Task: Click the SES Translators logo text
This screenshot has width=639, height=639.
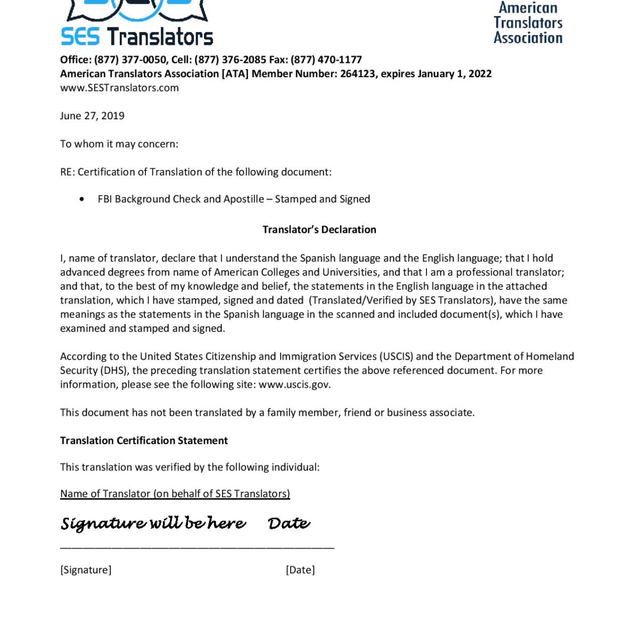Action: click(x=137, y=37)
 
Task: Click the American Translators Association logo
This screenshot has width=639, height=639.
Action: click(x=528, y=23)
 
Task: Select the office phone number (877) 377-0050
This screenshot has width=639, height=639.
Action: click(x=130, y=60)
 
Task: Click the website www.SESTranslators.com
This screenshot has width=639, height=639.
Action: click(x=119, y=88)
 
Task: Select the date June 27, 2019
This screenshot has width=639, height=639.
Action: click(x=92, y=116)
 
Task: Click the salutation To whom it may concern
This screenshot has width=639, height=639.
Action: click(x=119, y=144)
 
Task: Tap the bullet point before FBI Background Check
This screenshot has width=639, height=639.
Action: click(x=81, y=199)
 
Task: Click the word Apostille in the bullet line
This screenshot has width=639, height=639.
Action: click(x=243, y=199)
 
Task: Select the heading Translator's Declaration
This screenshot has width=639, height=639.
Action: click(x=319, y=230)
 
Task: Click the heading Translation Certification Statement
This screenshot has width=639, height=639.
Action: click(x=144, y=440)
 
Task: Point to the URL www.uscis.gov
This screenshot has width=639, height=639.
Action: click(x=294, y=384)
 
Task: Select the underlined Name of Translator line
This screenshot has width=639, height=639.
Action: click(x=175, y=494)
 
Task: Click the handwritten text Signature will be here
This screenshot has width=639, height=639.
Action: click(x=153, y=523)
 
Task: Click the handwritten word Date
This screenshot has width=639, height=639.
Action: click(x=289, y=523)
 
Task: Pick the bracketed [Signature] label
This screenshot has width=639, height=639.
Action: click(x=86, y=570)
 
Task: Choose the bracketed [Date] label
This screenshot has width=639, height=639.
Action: click(x=300, y=570)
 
